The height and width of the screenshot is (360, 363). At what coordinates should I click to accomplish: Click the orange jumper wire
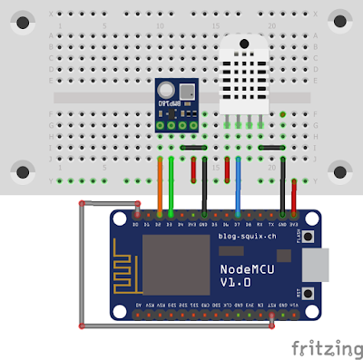160,186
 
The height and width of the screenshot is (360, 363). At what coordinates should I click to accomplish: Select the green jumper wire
171,186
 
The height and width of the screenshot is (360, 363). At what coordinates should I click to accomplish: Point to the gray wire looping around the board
83,263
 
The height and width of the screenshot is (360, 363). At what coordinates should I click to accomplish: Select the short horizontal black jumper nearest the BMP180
193,146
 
